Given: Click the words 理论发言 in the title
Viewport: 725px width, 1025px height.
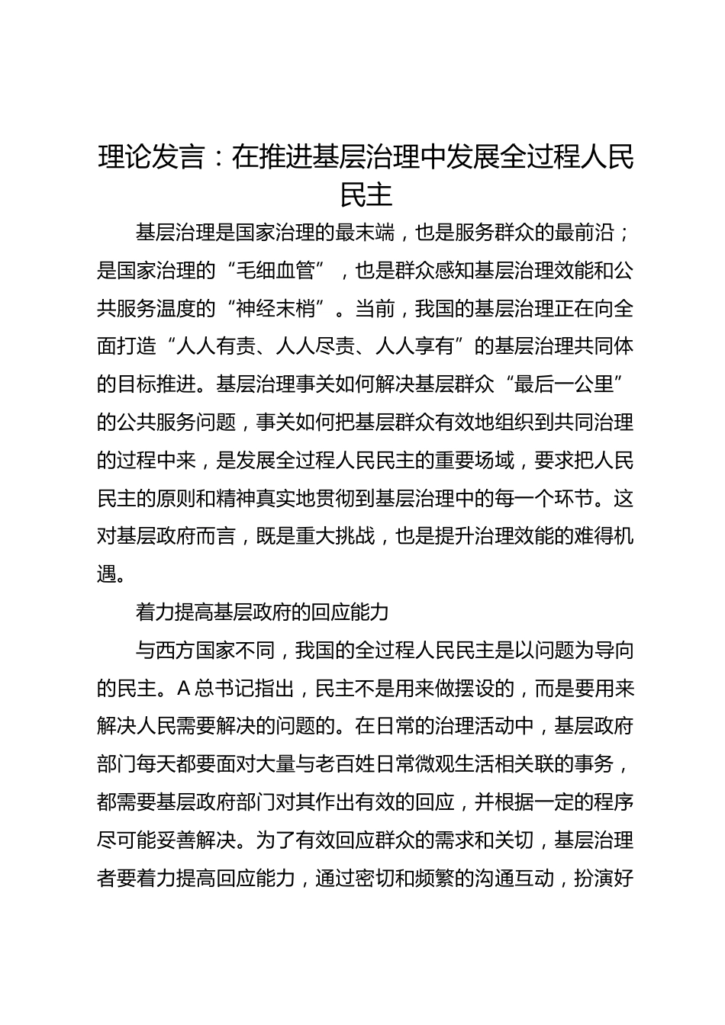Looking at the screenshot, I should [x=153, y=158].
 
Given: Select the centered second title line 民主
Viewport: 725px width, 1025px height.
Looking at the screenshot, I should [x=366, y=195].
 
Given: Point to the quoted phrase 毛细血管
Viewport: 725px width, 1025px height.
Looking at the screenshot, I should [x=276, y=271].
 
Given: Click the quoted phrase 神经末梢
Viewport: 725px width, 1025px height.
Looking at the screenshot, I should [x=276, y=309].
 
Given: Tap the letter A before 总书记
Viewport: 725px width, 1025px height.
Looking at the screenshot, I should [x=183, y=689].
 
